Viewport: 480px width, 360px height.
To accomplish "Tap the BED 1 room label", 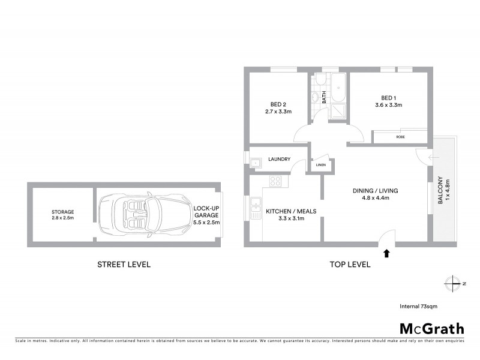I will click(x=389, y=98).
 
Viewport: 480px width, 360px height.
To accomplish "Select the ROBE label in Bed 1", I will click(x=400, y=137).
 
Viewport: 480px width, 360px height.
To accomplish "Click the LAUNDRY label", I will click(x=280, y=159).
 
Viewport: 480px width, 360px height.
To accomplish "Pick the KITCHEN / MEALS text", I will click(x=291, y=211).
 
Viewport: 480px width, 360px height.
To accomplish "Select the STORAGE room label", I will click(x=62, y=212).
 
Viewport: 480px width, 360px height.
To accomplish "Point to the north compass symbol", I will click(x=454, y=283).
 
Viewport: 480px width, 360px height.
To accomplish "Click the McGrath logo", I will click(x=432, y=328).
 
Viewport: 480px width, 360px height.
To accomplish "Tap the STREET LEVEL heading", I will click(x=124, y=264).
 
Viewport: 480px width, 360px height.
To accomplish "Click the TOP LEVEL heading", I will click(x=350, y=264).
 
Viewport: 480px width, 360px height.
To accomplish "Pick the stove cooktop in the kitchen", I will click(x=276, y=180).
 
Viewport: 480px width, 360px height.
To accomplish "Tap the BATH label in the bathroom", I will click(x=324, y=97).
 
